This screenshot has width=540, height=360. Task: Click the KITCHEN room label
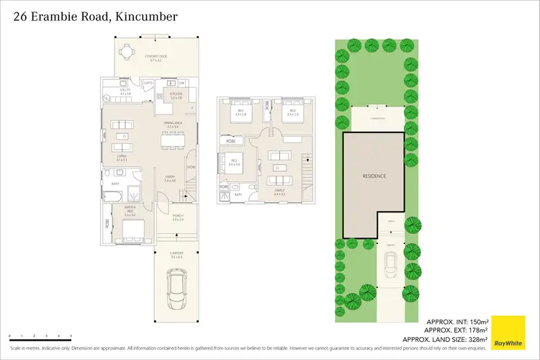click(x=176, y=95)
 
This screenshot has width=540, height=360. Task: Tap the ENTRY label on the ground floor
click(x=170, y=179)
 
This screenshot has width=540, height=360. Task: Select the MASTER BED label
click(x=130, y=212)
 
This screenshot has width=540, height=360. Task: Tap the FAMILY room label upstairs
click(x=280, y=192)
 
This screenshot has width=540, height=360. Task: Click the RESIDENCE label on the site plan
click(x=374, y=176)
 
